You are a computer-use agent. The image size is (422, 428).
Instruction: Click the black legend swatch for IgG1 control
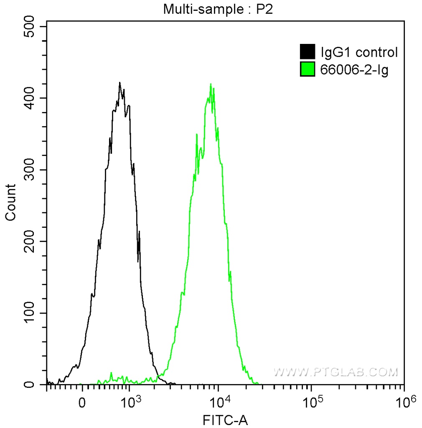(x=307, y=52)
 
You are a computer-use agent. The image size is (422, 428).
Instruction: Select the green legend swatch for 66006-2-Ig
(x=307, y=69)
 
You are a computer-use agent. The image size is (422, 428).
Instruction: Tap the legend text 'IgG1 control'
(x=359, y=52)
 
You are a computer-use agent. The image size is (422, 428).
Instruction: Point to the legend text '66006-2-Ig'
(x=354, y=70)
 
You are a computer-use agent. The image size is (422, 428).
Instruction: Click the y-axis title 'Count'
(x=10, y=202)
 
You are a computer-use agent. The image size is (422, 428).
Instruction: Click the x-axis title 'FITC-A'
(x=225, y=420)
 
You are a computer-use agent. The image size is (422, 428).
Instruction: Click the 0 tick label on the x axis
(x=82, y=403)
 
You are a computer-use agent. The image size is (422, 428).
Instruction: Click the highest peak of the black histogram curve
(x=119, y=83)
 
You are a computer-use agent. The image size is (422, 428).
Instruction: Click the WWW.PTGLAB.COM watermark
(x=336, y=372)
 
